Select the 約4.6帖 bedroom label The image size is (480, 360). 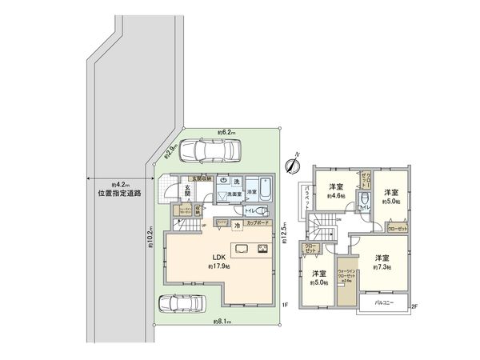point(337,194)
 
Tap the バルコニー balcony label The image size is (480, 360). point(383,304)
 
